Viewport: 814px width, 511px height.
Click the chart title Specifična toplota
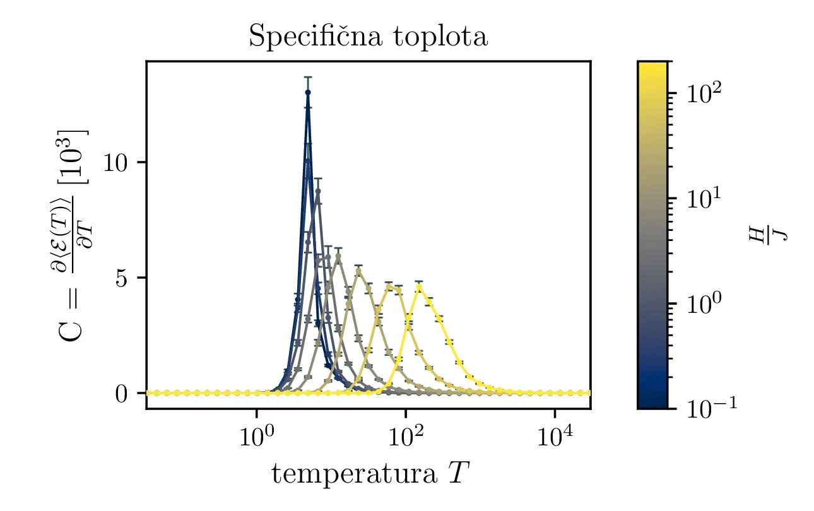click(x=368, y=37)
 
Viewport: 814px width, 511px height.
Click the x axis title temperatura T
click(x=370, y=474)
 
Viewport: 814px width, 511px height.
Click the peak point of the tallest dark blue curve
click(x=308, y=93)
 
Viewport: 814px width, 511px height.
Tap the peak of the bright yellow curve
click(x=419, y=287)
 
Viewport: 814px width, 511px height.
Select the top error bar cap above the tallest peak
click(x=308, y=77)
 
